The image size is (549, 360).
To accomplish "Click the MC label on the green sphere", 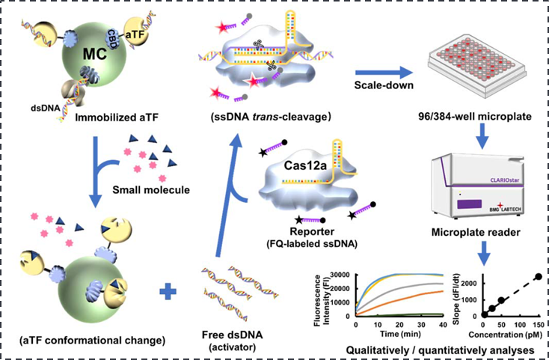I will [x=94, y=55].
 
